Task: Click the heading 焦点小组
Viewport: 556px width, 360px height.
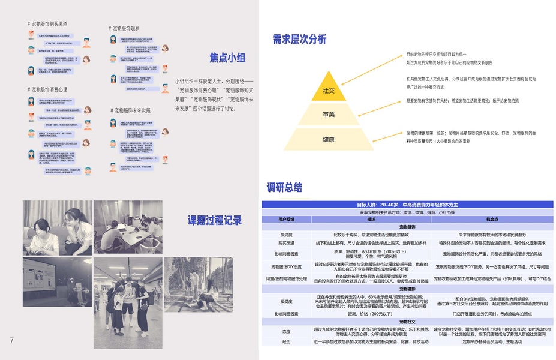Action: coord(227,58)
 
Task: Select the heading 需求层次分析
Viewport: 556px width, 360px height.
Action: coord(299,40)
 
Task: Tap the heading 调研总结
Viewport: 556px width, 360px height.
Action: coord(284,187)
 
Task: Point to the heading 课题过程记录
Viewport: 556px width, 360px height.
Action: coord(215,220)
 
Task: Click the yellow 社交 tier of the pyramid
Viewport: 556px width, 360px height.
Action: coord(328,91)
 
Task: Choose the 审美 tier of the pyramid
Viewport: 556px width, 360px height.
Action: coord(328,114)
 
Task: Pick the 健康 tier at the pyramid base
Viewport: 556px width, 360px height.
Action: coord(328,139)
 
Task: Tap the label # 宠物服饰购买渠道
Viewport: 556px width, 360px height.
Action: coord(47,24)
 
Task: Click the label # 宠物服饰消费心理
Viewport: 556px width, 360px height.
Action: coord(47,89)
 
